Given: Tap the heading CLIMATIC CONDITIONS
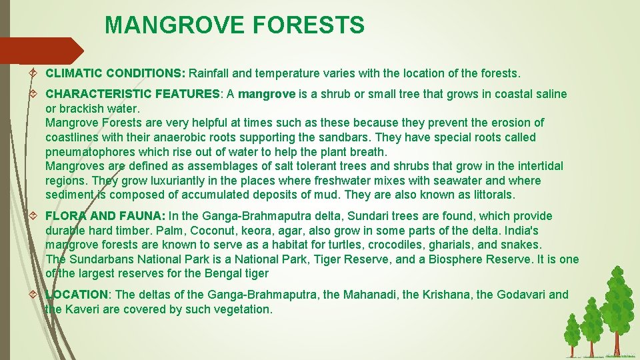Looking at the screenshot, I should [x=116, y=72].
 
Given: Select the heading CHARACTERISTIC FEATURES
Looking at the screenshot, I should [x=132, y=94].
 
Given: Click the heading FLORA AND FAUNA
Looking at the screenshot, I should [x=105, y=216].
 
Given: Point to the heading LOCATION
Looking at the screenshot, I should [x=77, y=295].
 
